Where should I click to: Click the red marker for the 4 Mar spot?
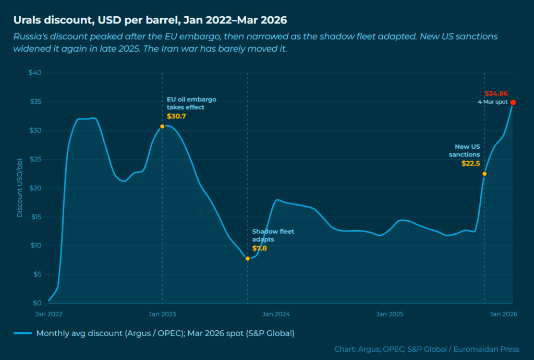(513, 103)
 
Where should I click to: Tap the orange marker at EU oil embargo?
(162, 126)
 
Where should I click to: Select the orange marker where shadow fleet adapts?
(247, 258)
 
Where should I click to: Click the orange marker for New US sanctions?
(484, 174)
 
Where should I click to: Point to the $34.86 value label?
(496, 94)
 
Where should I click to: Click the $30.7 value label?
(176, 116)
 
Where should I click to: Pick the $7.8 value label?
(260, 248)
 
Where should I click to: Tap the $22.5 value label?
(470, 163)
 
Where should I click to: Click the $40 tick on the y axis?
(35, 73)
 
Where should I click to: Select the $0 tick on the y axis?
(37, 303)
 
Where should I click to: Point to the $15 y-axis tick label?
(35, 217)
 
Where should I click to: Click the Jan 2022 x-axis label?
(48, 314)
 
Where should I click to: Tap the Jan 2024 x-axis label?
(276, 314)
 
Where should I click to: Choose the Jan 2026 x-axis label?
(503, 314)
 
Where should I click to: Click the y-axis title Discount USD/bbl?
(20, 188)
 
